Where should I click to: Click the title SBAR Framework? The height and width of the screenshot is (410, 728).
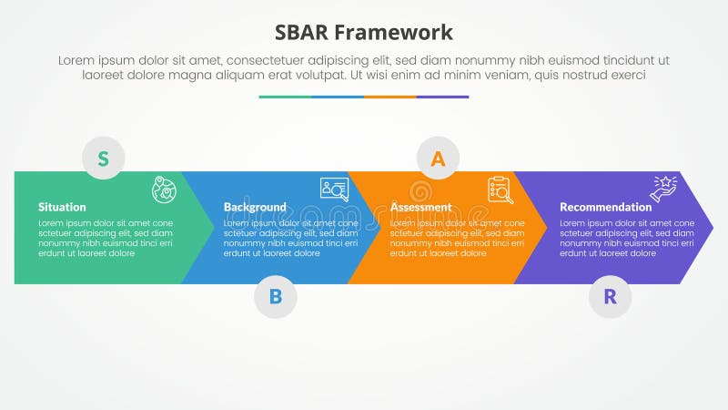coord(363,33)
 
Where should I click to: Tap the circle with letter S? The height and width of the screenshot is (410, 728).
coord(104,159)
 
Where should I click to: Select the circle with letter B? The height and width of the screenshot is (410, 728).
coord(275,296)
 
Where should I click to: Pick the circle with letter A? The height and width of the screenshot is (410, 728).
coord(438,159)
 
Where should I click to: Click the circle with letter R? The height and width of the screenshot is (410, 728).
coord(610,296)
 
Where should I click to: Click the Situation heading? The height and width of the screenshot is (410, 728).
coord(62,207)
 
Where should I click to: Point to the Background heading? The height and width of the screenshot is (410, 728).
coord(255,207)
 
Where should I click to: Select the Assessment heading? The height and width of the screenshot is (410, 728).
coord(420,207)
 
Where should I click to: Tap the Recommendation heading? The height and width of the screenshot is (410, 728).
coord(605,207)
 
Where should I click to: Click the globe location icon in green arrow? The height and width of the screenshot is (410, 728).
coord(164,190)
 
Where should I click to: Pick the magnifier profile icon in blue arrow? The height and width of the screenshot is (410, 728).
coord(334,189)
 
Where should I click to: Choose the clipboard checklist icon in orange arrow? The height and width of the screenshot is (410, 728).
coord(500,190)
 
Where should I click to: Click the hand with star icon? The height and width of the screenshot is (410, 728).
coord(663,188)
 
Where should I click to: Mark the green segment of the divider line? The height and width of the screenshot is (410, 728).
coord(285,97)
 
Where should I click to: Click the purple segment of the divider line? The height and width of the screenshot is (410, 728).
coord(442,97)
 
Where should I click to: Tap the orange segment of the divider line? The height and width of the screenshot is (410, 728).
coord(389,97)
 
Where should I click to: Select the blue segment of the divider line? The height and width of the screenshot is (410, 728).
coord(338,97)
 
